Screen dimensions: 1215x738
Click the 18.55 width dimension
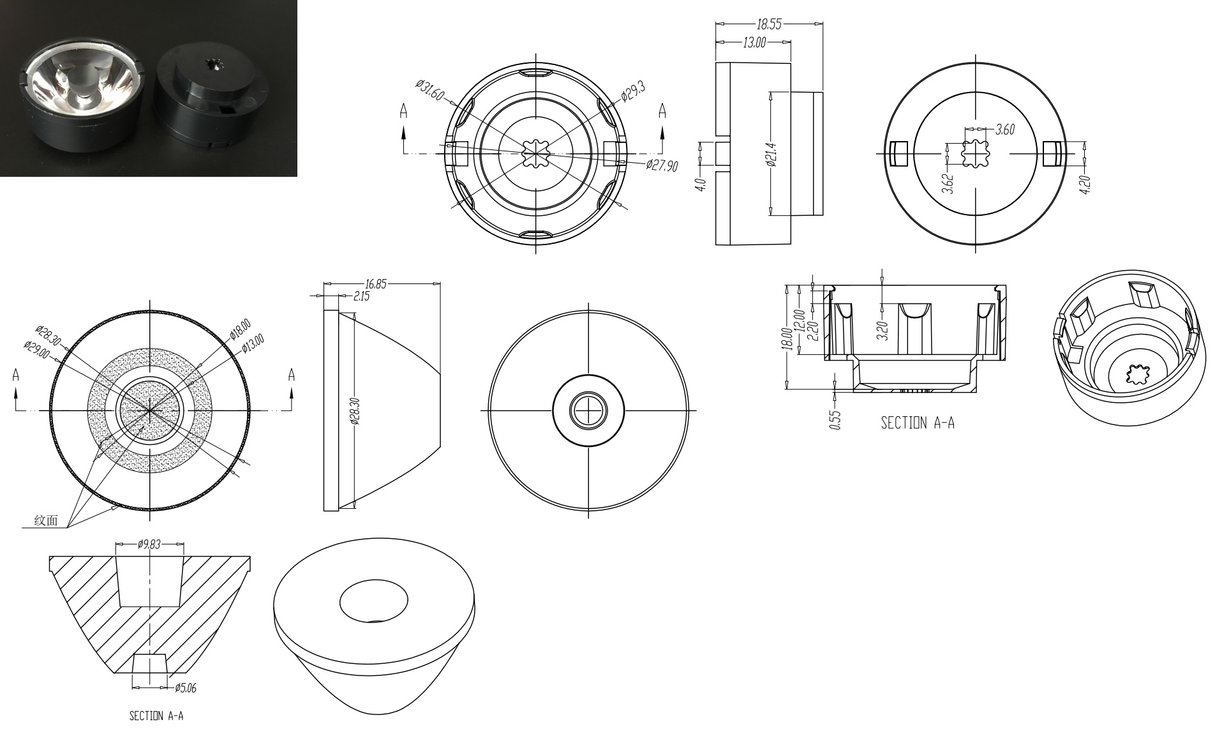[768, 25]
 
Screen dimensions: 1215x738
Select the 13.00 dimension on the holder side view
[754, 43]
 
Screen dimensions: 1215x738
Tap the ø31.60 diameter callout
[430, 90]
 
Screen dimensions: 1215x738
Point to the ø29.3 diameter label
[633, 91]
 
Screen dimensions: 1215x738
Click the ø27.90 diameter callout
[662, 166]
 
